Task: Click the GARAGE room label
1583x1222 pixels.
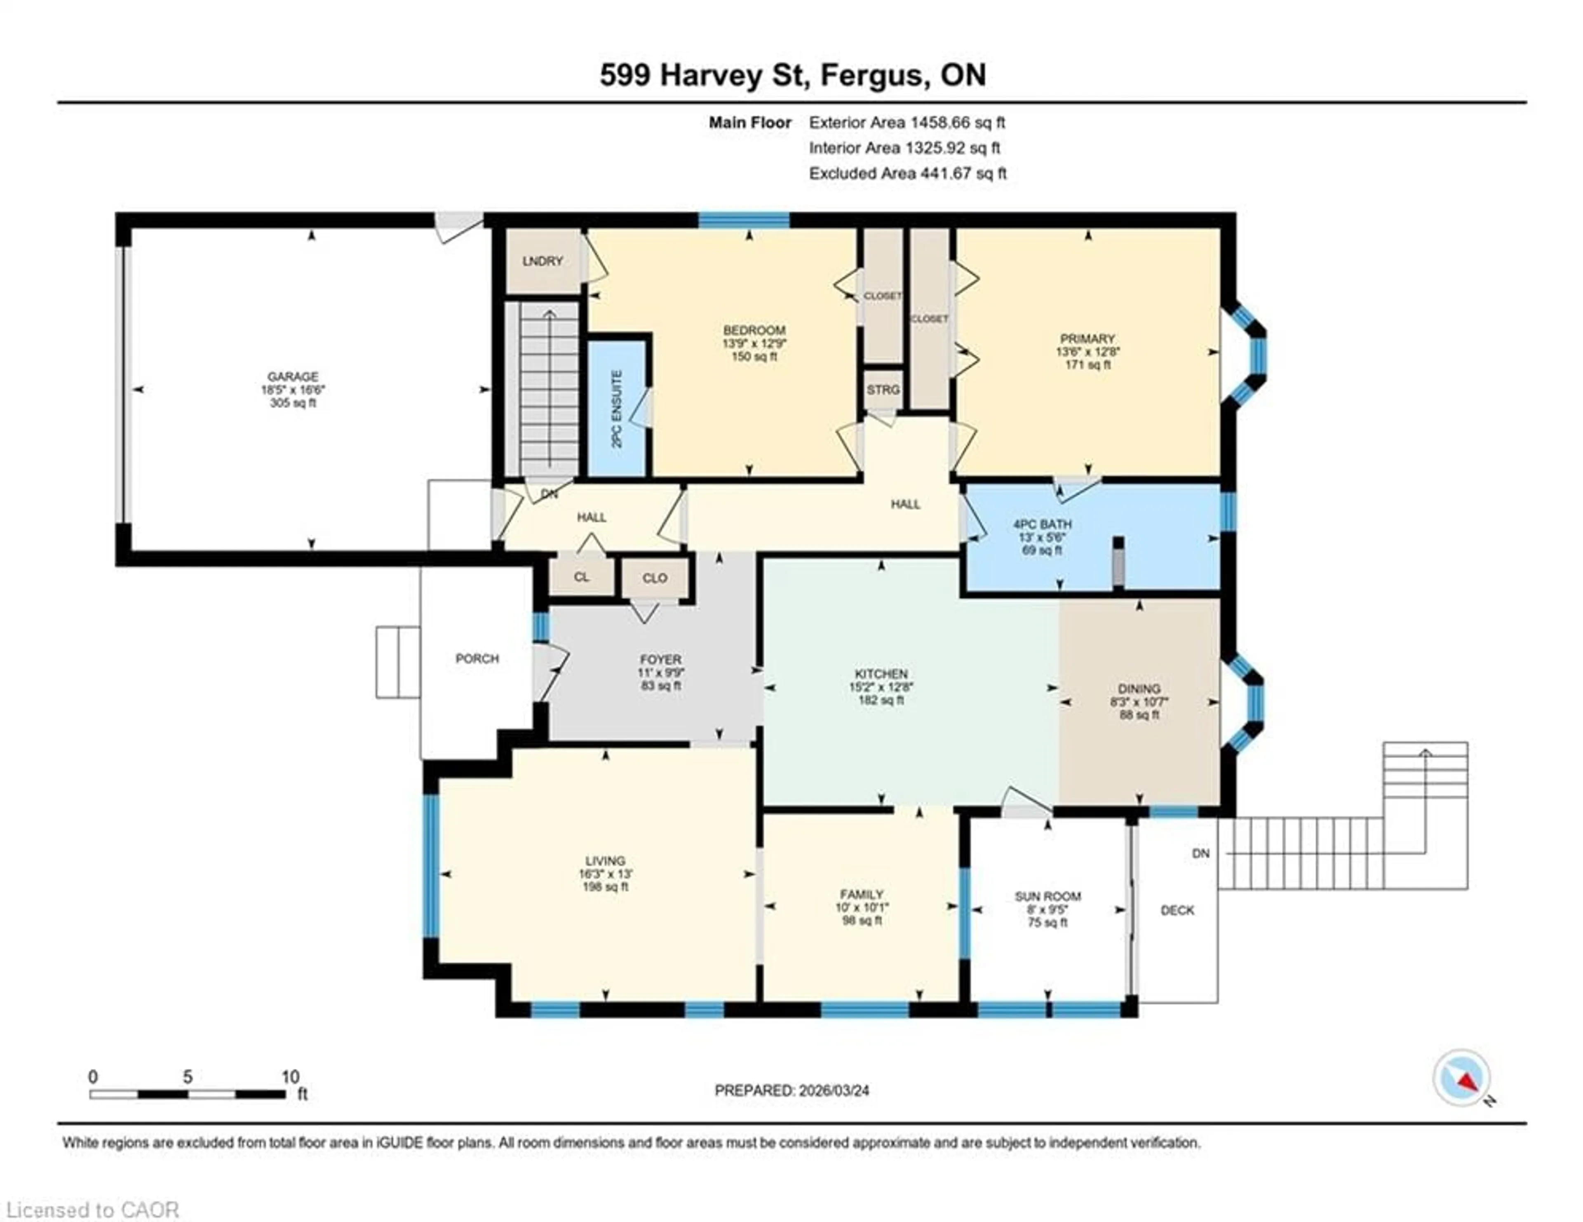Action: point(293,376)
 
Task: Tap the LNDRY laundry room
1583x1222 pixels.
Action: point(542,261)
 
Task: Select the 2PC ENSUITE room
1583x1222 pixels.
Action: point(617,409)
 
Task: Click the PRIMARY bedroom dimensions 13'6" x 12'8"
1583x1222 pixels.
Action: point(1087,352)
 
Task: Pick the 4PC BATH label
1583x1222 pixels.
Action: point(1042,524)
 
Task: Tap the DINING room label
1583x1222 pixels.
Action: point(1139,689)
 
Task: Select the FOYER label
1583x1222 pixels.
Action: point(660,660)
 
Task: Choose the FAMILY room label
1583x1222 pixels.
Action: point(861,894)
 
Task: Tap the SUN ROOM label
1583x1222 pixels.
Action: point(1048,897)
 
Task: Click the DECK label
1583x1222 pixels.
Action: point(1177,910)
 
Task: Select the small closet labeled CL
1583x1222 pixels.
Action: point(581,577)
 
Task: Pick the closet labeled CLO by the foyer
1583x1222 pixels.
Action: point(655,578)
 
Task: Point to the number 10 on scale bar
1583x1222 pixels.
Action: point(290,1077)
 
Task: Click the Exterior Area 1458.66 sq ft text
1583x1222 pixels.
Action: point(907,122)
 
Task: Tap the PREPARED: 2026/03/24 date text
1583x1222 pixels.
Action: point(791,1090)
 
